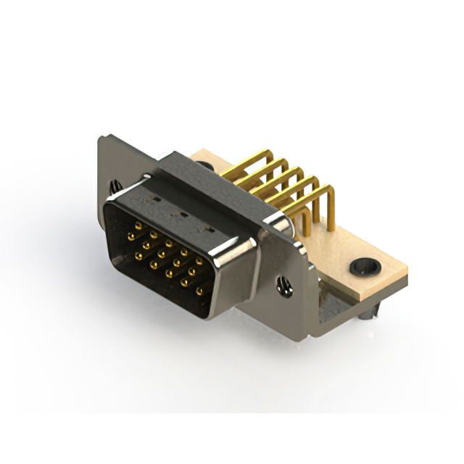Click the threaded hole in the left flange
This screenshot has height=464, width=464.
[113, 187]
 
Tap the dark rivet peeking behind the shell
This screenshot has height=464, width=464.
[209, 167]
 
